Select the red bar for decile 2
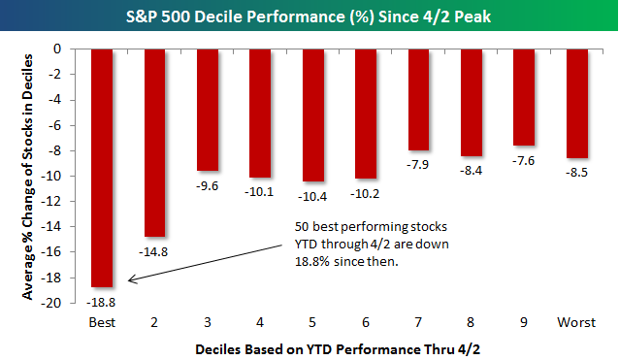[x=155, y=142]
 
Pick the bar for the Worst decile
[x=576, y=102]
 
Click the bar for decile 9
[x=524, y=96]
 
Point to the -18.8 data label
[x=103, y=299]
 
